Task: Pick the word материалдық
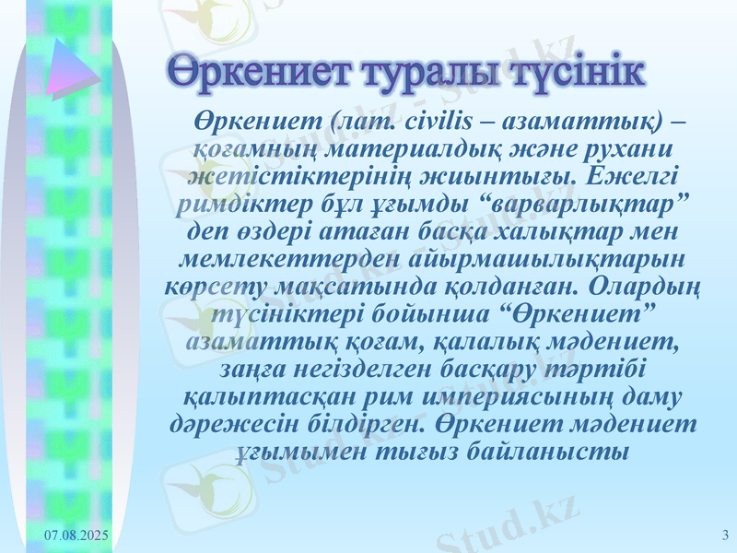click(x=394, y=148)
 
